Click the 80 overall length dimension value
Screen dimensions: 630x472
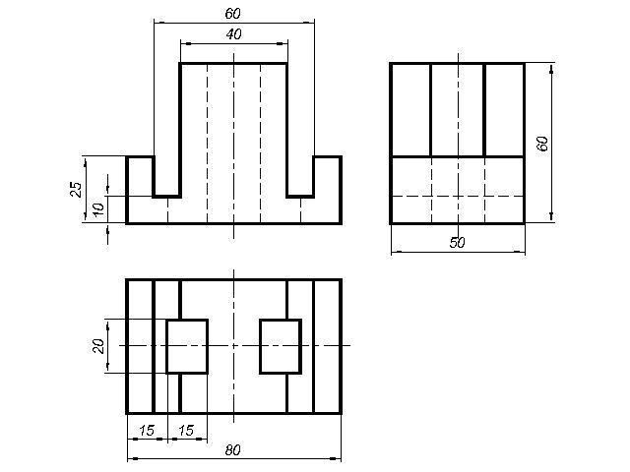232,450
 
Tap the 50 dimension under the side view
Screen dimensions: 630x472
457,243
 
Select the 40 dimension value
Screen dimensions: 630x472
234,34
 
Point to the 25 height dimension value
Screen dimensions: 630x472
76,189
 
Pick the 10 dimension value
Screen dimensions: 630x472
97,209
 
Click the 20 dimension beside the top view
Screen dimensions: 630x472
98,346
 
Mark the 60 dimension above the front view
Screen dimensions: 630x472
232,14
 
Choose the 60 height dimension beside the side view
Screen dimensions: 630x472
542,144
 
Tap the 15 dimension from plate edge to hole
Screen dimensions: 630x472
147,431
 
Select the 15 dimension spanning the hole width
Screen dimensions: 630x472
186,431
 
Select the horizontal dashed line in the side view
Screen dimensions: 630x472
458,197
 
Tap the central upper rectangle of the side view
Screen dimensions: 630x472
458,109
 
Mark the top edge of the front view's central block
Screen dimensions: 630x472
233,63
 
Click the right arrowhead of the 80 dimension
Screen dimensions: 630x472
336,458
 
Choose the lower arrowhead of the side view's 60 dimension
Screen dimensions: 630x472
551,216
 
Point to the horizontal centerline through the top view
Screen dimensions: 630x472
235,345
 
